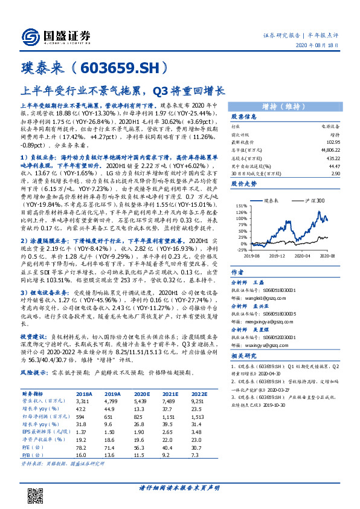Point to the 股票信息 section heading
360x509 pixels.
[244, 117]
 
